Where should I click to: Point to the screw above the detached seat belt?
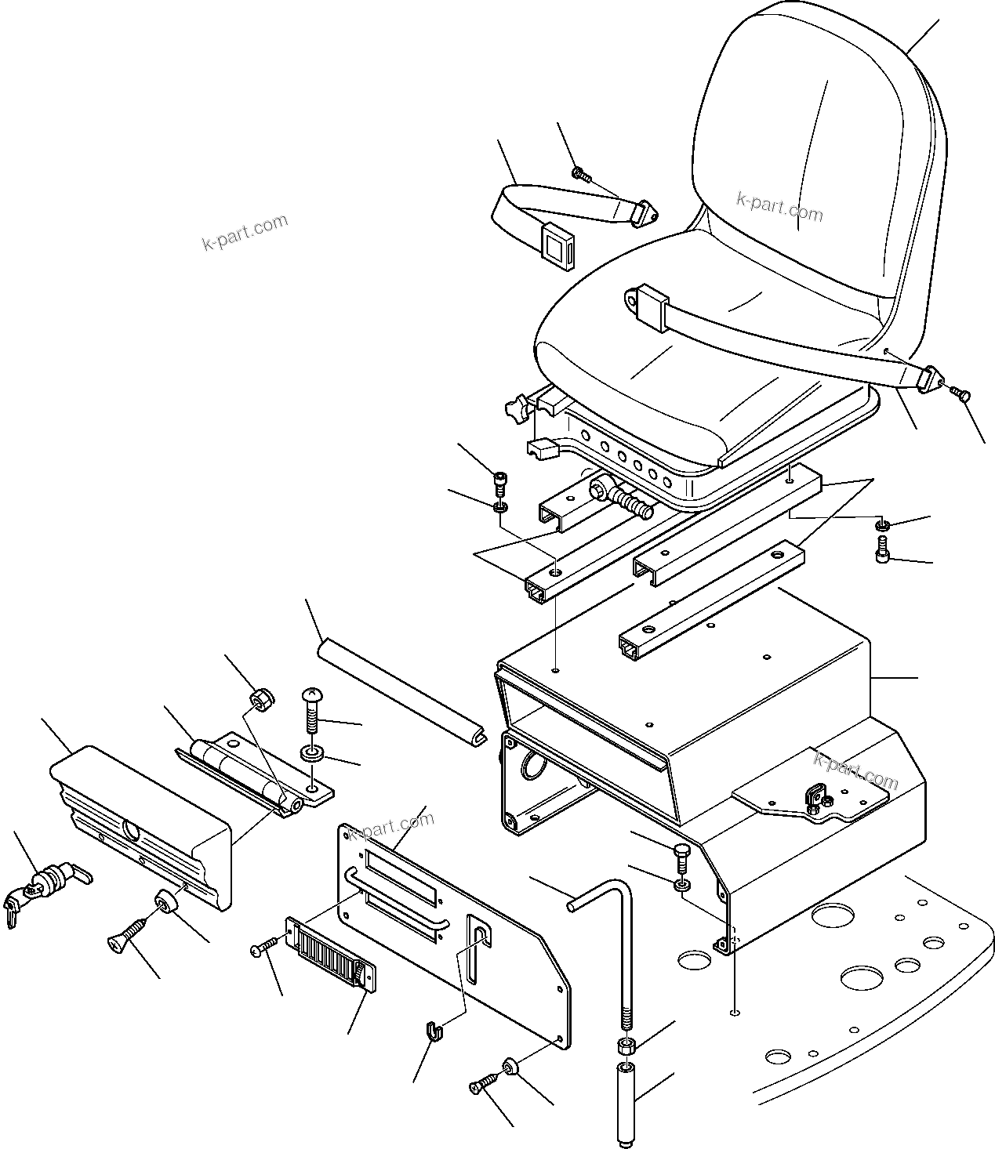coord(580,174)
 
